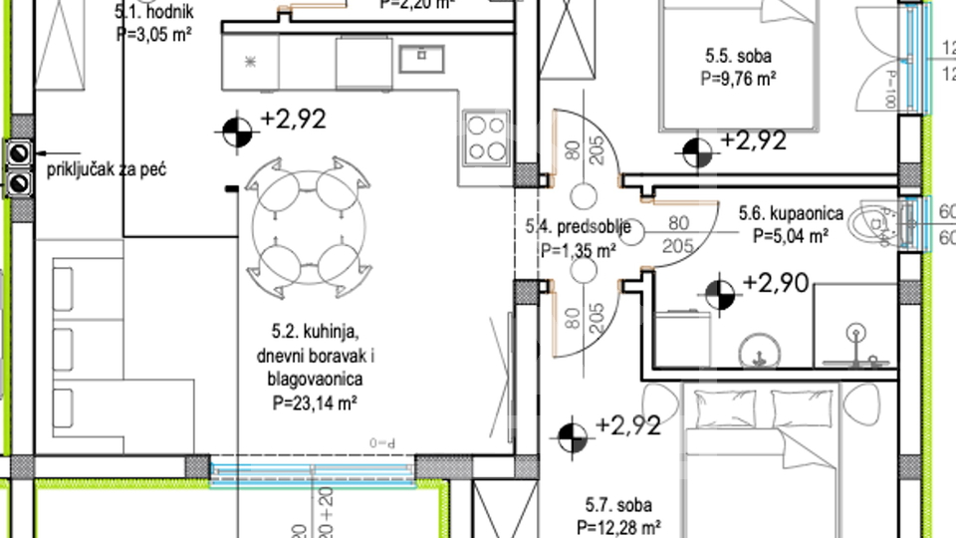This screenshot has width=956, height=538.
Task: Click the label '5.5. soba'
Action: (x=735, y=57)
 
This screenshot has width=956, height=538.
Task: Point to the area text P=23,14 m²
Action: (x=315, y=403)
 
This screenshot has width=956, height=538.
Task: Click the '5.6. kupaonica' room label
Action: (x=791, y=213)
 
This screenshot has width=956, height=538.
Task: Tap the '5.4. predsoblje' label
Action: (x=578, y=228)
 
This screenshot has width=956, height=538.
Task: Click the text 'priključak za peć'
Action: (x=107, y=169)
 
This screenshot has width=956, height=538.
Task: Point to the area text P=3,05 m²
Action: (x=153, y=32)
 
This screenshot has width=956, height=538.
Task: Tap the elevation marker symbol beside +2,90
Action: (x=719, y=293)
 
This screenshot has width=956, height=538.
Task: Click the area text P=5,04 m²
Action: (x=791, y=236)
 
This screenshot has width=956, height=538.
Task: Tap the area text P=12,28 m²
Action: (x=618, y=526)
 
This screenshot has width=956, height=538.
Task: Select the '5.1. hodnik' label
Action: (x=153, y=12)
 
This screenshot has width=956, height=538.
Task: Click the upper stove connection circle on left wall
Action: (x=19, y=152)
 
